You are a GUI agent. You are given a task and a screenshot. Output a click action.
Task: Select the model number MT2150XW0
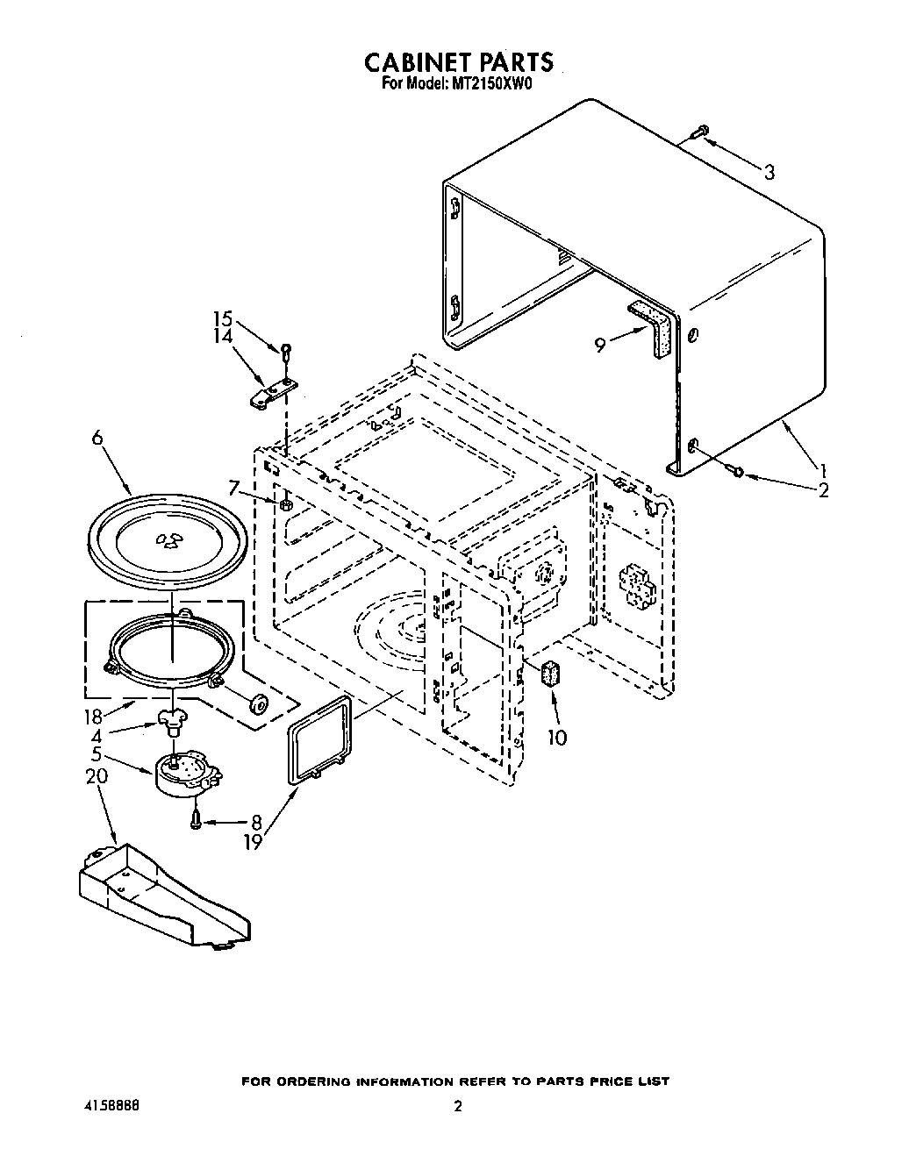(x=493, y=86)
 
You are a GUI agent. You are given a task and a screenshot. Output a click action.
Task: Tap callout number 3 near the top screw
(x=769, y=172)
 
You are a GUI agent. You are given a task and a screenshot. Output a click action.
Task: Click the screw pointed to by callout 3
(x=698, y=132)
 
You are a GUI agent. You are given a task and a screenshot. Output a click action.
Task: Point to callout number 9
(x=599, y=346)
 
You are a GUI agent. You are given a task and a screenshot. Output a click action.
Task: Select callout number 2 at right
(x=822, y=491)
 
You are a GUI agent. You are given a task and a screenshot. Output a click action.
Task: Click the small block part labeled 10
(x=552, y=674)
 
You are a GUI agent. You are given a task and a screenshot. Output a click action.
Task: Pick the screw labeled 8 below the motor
(x=197, y=819)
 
